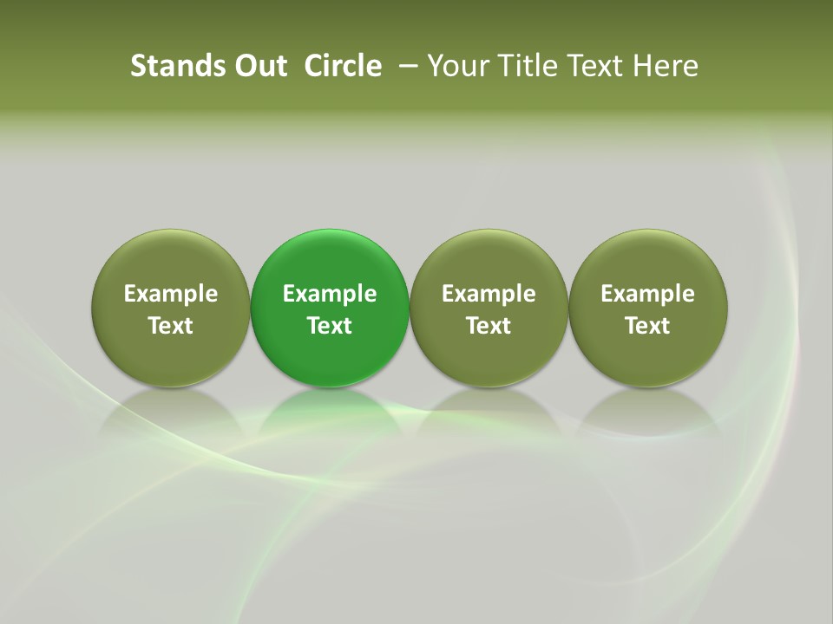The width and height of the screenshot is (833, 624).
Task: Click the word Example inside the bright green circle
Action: tap(330, 295)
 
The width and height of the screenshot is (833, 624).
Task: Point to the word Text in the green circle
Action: tap(330, 326)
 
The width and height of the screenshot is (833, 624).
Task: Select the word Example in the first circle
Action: tap(171, 295)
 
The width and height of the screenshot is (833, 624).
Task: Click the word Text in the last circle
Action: tap(647, 326)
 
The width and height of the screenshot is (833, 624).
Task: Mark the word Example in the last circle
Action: tap(647, 295)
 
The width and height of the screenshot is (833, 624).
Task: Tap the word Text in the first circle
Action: tap(171, 326)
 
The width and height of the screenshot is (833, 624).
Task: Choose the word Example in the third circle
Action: tap(489, 295)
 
